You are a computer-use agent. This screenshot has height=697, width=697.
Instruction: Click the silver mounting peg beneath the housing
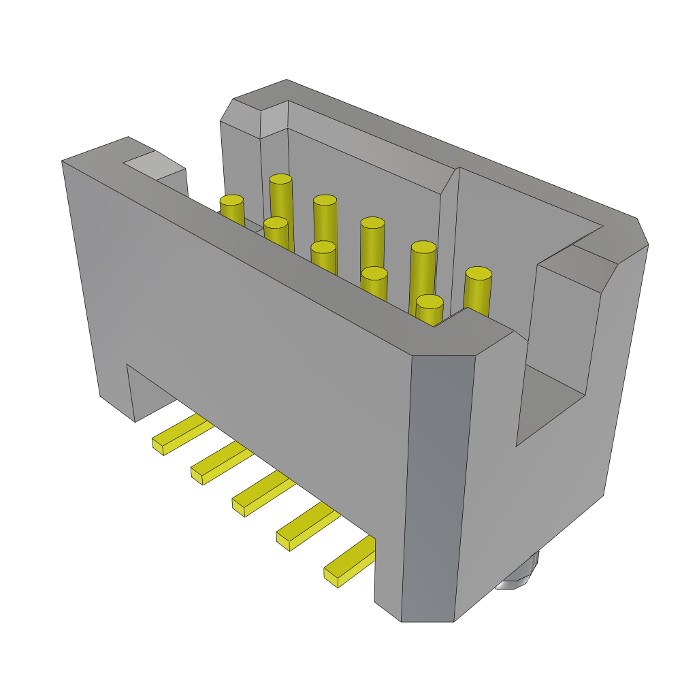[520, 576]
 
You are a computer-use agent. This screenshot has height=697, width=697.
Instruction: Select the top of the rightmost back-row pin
[479, 274]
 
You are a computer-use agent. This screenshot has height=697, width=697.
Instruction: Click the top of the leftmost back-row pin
[280, 179]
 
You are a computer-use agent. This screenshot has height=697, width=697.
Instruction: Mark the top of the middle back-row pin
[372, 223]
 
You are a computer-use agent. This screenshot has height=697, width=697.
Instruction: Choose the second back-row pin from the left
[325, 200]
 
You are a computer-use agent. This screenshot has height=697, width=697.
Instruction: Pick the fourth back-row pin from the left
[423, 246]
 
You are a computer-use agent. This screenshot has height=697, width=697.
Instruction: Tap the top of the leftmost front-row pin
[231, 200]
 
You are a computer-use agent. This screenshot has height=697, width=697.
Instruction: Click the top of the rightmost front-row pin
[429, 301]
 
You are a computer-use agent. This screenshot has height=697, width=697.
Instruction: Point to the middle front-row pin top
[323, 246]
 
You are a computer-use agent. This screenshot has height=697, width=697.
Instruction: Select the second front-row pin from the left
[276, 223]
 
